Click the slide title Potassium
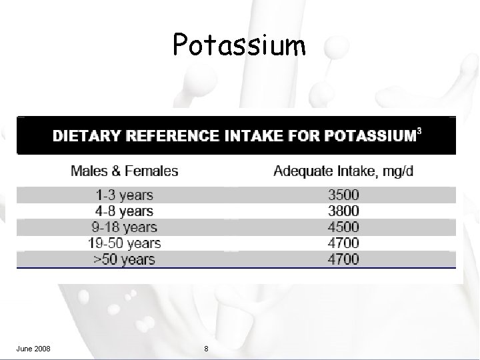[239, 45]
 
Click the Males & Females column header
[125, 171]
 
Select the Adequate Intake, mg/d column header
[343, 171]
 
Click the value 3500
[343, 195]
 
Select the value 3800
[343, 211]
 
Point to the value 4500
[343, 227]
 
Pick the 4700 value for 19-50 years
[343, 243]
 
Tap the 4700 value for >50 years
[343, 259]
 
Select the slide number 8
[206, 349]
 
